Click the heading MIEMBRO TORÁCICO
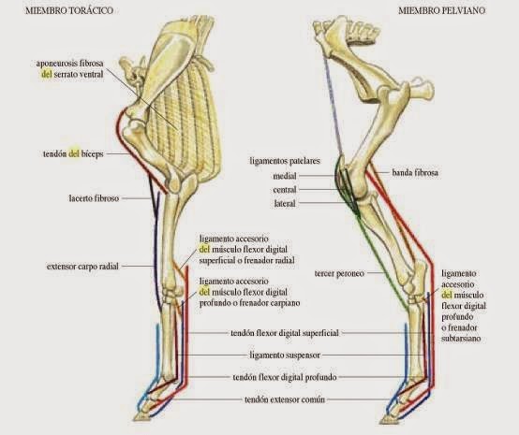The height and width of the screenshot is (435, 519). tap(57, 10)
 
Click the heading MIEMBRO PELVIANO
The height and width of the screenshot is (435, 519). tap(439, 10)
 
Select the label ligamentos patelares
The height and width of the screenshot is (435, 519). tap(285, 161)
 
